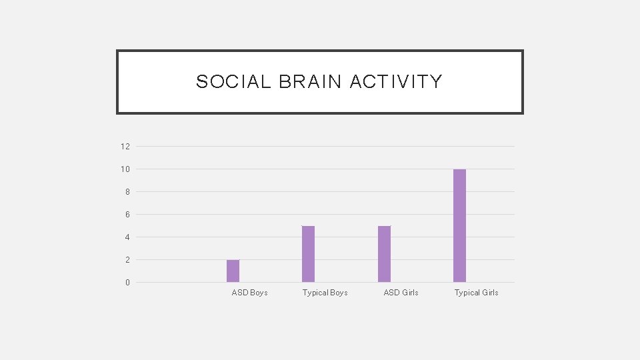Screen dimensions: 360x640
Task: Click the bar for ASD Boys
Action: coord(233,271)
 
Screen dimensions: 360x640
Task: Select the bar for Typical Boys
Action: coord(308,254)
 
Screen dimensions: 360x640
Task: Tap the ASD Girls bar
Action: coord(384,254)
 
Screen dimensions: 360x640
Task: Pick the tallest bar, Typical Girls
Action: coord(459,225)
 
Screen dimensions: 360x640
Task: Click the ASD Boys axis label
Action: coord(249,293)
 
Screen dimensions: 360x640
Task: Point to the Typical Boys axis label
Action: coord(325,293)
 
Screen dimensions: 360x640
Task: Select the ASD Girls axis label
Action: coord(401,293)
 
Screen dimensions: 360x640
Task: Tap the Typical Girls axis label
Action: coord(476,293)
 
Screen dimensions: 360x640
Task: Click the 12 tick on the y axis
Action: coord(125,146)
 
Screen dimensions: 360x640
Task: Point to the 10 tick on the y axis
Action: coord(125,169)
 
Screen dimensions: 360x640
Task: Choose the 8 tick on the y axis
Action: coord(127,192)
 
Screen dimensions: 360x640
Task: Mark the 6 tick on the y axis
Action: coord(127,215)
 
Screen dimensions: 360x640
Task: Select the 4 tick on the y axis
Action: coord(127,237)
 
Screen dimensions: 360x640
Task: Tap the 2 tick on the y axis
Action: coord(127,260)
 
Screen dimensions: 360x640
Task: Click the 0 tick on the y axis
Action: coord(127,283)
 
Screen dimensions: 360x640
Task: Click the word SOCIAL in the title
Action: coord(233,82)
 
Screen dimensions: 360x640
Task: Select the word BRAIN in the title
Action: coord(310,82)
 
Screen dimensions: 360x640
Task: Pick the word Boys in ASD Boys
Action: coord(259,293)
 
